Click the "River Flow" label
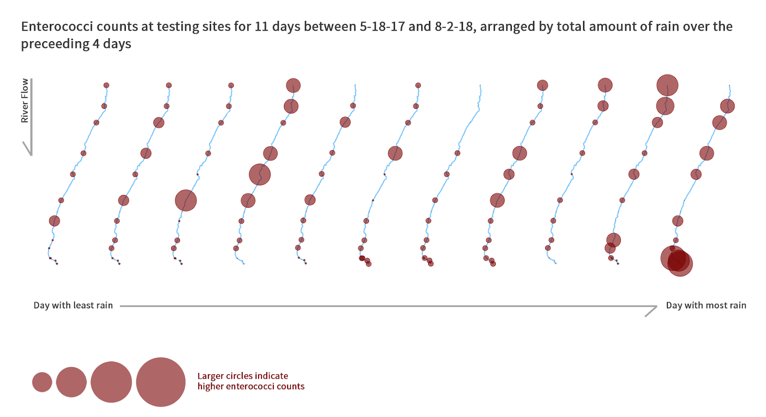click(24, 101)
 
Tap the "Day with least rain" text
click(73, 305)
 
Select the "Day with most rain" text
click(706, 305)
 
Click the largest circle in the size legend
click(161, 382)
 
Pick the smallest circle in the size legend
click(42, 382)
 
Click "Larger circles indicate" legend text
click(243, 376)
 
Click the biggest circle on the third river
click(186, 201)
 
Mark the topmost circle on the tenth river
click(667, 85)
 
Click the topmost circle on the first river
click(106, 85)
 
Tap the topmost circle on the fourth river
click(293, 86)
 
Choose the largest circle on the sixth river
click(395, 153)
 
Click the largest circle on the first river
click(55, 221)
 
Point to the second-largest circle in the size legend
click(111, 382)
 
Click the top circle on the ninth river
click(605, 85)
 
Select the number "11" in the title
click(261, 26)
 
